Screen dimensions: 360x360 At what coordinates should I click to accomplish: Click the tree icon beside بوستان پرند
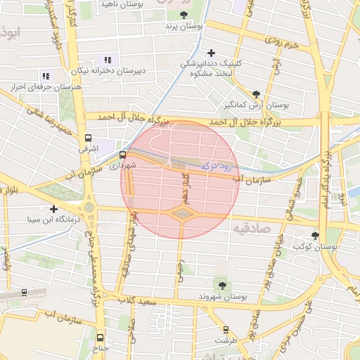[184, 14]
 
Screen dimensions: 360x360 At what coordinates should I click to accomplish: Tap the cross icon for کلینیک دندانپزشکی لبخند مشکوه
[211, 53]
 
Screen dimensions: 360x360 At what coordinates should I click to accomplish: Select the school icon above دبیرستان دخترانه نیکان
[107, 60]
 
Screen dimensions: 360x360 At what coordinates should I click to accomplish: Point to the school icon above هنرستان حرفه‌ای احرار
[46, 76]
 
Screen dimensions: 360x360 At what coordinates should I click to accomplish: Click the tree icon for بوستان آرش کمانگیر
[256, 94]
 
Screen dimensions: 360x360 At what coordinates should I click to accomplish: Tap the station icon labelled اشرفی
[88, 139]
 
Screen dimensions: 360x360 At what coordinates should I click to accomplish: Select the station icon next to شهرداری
[122, 155]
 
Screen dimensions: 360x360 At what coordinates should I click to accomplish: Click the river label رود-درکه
[217, 166]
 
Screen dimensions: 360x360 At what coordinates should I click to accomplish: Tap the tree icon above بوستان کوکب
[314, 236]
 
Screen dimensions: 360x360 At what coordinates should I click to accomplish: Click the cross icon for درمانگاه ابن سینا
[53, 209]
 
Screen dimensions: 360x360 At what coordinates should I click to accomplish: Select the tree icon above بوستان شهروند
[222, 285]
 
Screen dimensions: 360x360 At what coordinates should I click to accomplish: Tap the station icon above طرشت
[226, 329]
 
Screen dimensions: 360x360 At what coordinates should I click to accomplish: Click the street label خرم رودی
[281, 44]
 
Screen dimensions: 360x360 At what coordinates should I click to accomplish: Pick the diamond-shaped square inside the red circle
[181, 213]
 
